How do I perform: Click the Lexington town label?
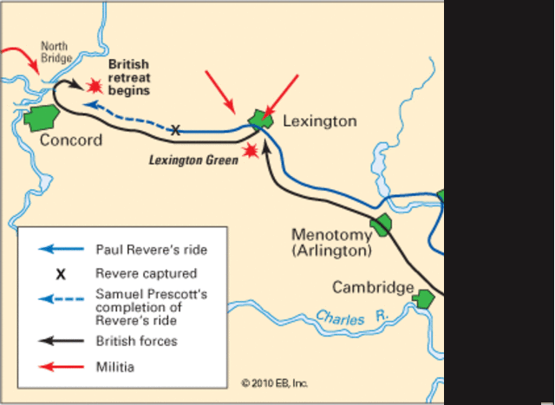coord(320,121)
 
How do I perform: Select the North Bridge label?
coord(55,54)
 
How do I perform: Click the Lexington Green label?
coord(193,160)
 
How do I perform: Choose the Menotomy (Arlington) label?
coord(331,242)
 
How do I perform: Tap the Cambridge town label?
coord(372,288)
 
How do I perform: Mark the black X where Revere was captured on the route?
coord(175,131)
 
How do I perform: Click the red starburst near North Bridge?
coord(92,85)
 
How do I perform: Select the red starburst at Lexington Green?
coord(251,151)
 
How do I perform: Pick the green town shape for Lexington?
coord(258,119)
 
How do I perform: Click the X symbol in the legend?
coord(61,274)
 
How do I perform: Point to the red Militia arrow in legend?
coord(60,367)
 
